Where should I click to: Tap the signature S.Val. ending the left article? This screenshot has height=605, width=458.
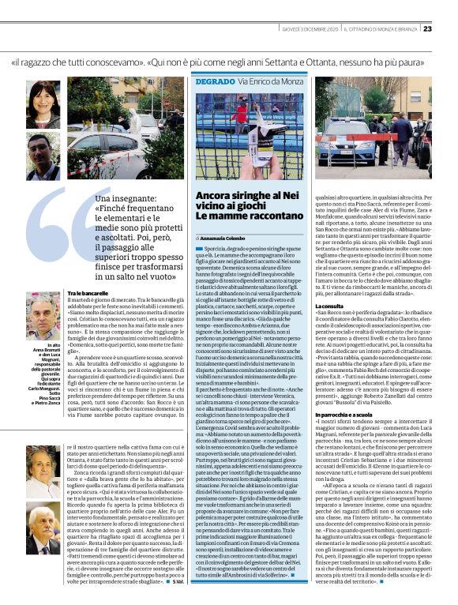coord(176,581)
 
